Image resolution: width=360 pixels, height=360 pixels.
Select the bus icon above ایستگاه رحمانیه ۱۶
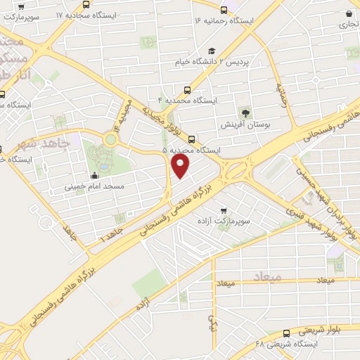tap(224, 10)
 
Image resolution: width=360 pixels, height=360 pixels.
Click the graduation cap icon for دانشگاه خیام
tap(211, 50)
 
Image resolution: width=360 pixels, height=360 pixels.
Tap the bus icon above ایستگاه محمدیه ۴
tap(187, 90)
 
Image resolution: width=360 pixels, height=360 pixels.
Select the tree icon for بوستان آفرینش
tap(245, 112)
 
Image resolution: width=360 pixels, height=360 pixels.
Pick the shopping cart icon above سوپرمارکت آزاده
tap(224, 210)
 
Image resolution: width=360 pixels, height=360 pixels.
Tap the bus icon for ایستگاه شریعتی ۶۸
tap(286, 333)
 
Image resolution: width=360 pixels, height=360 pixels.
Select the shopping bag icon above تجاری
tap(348, 13)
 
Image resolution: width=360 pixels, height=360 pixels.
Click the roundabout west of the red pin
tap(110, 139)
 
